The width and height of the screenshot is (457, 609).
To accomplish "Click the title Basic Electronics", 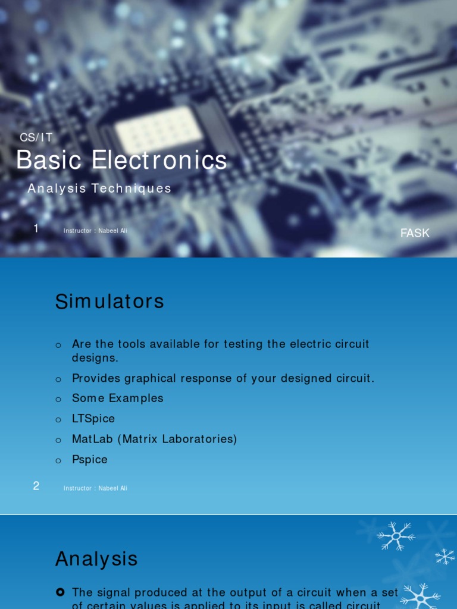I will click(x=121, y=161).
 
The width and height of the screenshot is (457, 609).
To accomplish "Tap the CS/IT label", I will click(x=36, y=138).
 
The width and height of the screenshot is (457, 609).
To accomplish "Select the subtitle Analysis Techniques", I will click(x=99, y=189).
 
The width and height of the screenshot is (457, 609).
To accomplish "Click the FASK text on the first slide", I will click(x=415, y=233).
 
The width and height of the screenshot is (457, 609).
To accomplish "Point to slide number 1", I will click(x=36, y=228).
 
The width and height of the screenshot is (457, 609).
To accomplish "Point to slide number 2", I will click(x=36, y=486).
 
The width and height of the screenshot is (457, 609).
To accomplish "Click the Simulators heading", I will click(x=109, y=302).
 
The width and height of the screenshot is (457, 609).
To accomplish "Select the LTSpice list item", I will click(x=93, y=419).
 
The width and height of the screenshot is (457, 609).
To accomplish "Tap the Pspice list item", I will click(x=90, y=460).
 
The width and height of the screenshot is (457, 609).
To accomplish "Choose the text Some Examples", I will click(x=117, y=398).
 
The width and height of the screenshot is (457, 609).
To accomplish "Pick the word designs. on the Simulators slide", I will click(x=95, y=358).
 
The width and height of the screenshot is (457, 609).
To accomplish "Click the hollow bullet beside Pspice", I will click(x=58, y=460).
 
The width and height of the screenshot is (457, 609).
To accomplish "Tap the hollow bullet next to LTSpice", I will click(x=58, y=419).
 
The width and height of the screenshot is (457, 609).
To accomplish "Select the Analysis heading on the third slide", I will click(x=96, y=559).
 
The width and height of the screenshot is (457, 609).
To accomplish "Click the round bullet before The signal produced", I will click(x=60, y=592).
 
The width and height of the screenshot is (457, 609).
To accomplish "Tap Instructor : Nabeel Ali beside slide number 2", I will click(x=95, y=488).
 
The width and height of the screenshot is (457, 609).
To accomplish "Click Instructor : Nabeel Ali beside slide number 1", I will click(x=95, y=231).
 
